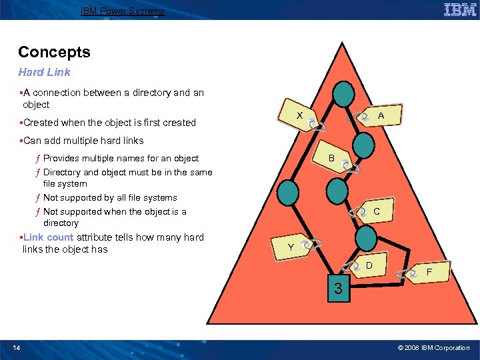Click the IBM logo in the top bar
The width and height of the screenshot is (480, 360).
tap(459, 9)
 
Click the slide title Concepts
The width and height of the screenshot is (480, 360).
tap(54, 52)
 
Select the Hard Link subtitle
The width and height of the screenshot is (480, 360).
tap(44, 72)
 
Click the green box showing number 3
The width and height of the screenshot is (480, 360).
tap(339, 288)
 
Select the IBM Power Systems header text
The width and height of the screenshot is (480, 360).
tap(122, 11)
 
